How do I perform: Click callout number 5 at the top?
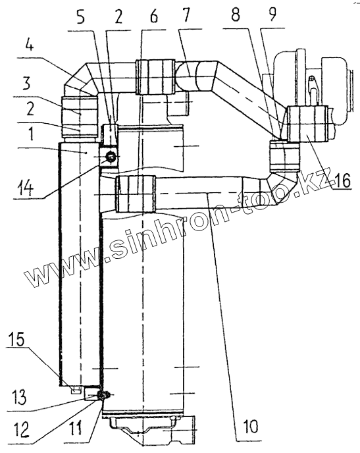pos(80,18)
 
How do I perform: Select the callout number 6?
pos(154,17)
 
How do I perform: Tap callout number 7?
pos(186,16)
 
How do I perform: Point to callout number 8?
pos(236,15)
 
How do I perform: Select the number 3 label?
pos(26,83)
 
